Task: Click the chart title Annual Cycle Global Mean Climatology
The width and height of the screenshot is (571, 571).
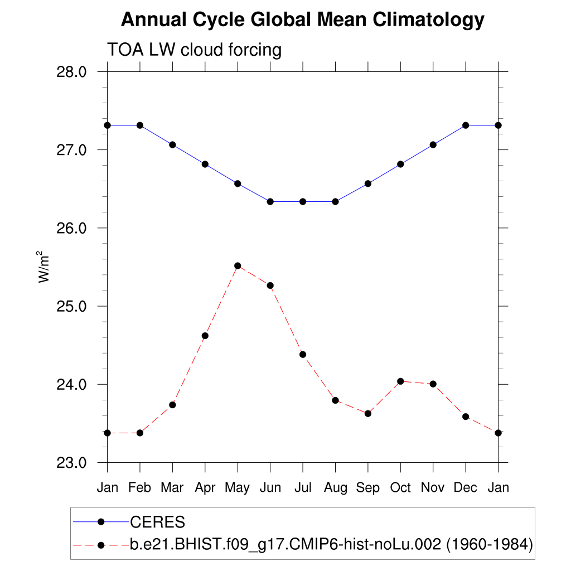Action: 302,20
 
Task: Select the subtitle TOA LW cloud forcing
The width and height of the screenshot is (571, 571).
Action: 194,50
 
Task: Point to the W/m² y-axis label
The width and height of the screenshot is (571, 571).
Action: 45,267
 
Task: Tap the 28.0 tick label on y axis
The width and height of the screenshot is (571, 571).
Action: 72,72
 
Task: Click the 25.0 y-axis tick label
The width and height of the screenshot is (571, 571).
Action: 72,306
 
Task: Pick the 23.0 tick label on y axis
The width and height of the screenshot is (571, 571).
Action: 72,463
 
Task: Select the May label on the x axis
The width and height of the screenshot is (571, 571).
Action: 238,488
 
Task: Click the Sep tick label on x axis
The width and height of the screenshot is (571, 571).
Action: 367,488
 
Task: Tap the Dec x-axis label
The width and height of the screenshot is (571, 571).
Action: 465,488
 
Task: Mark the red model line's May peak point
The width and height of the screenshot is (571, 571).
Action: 238,265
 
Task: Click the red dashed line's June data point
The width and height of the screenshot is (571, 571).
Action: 270,285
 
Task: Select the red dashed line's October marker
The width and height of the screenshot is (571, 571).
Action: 400,381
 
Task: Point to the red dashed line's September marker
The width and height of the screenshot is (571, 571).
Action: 367,413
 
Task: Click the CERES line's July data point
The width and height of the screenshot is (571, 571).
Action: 303,201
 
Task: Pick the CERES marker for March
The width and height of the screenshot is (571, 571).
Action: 172,144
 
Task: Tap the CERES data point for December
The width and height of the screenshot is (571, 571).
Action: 466,125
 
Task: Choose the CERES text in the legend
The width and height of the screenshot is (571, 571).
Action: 157,522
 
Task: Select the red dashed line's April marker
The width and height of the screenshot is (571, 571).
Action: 205,336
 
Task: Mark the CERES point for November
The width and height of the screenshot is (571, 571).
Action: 433,144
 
